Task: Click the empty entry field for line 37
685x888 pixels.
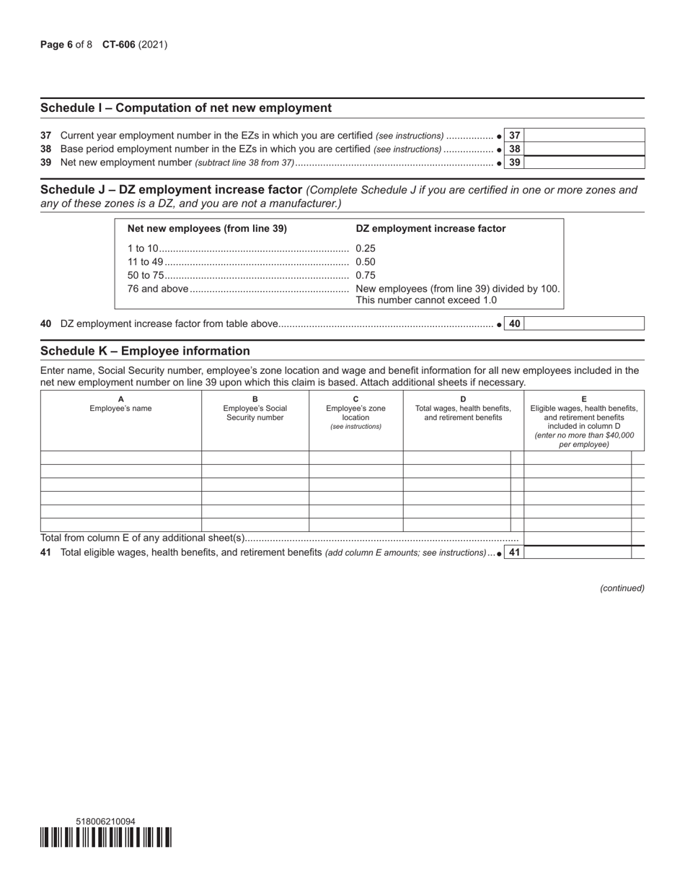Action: click(x=584, y=135)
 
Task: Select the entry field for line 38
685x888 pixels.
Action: click(x=584, y=149)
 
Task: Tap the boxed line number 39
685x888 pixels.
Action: click(x=514, y=162)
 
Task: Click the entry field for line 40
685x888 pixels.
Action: click(x=584, y=324)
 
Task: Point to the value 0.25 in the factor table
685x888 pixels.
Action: click(x=366, y=248)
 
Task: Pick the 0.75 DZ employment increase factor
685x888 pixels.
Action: click(x=366, y=275)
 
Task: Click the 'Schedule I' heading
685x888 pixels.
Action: click(x=186, y=108)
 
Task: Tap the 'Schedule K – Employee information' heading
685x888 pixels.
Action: click(x=145, y=352)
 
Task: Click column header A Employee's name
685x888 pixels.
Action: click(x=120, y=404)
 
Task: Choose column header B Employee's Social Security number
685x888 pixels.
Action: click(x=255, y=409)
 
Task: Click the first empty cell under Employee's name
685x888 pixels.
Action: click(x=120, y=458)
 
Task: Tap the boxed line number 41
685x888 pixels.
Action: click(x=514, y=552)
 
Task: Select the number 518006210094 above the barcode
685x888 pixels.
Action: click(x=105, y=822)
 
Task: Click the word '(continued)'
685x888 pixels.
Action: click(x=622, y=588)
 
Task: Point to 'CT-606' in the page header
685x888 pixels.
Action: click(x=118, y=45)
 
